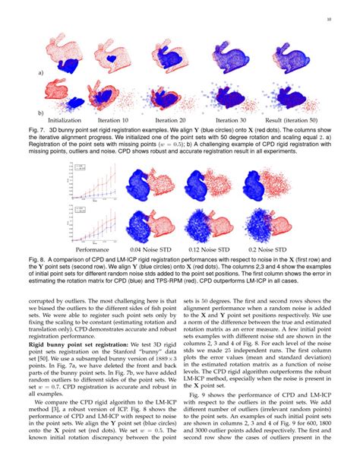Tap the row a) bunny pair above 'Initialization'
[72, 57]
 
